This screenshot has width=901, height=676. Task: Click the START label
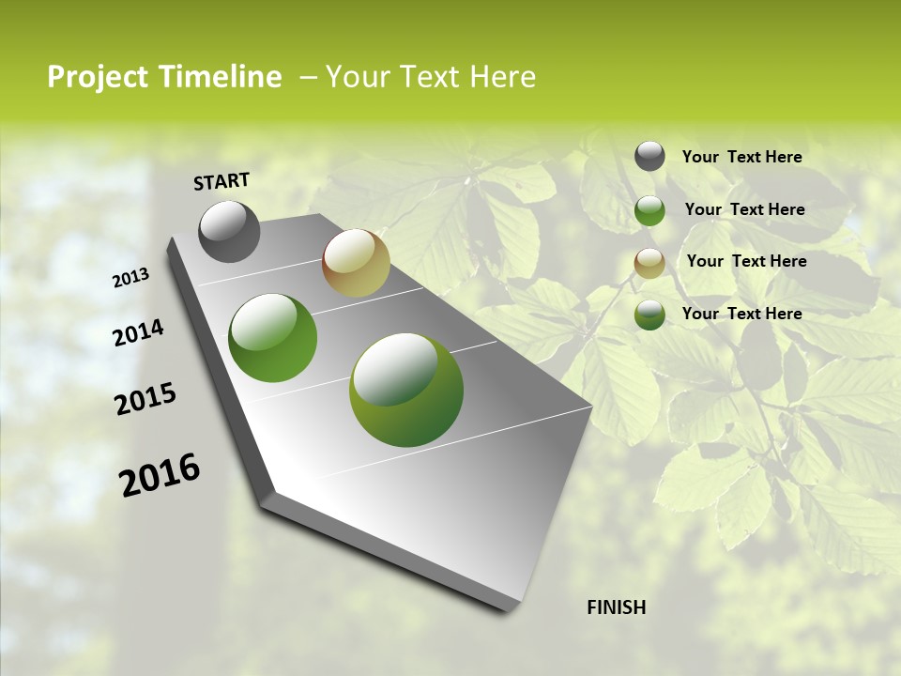pos(221,181)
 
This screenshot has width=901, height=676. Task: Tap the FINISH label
pos(617,607)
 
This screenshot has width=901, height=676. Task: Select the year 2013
pos(131,278)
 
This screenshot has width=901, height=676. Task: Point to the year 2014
pos(138,333)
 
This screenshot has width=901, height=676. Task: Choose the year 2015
pos(145,399)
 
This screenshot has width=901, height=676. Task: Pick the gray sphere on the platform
pos(229,231)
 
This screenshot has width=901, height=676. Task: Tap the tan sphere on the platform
pos(356,263)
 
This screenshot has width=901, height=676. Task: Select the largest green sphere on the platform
pos(406,390)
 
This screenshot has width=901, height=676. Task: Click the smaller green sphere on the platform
pos(273,338)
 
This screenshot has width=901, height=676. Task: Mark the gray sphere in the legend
pos(649,156)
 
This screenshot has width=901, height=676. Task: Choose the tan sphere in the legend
pos(649,263)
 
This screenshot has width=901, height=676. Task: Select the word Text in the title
pos(428,77)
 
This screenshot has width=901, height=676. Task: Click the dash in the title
pos(308,77)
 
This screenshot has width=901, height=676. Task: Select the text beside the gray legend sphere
pos(741,157)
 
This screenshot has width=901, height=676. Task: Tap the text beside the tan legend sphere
pos(746,261)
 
